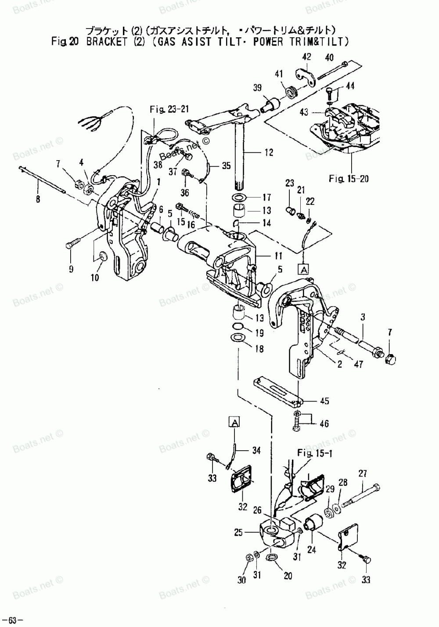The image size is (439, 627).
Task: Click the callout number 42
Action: pyautogui.click(x=306, y=57)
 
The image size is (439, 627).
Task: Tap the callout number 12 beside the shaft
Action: pyautogui.click(x=268, y=152)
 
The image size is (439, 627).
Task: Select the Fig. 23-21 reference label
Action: pyautogui.click(x=169, y=109)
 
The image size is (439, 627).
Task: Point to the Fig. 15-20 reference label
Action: pyautogui.click(x=349, y=178)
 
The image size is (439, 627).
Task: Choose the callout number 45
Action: pyautogui.click(x=324, y=401)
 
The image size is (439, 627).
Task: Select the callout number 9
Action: pyautogui.click(x=71, y=269)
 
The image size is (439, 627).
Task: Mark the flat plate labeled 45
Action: pyautogui.click(x=277, y=391)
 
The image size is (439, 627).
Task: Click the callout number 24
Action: pyautogui.click(x=312, y=548)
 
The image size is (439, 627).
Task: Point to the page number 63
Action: pyautogui.click(x=12, y=620)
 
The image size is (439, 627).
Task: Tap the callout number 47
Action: pyautogui.click(x=358, y=364)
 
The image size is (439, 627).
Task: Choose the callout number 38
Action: pyautogui.click(x=158, y=165)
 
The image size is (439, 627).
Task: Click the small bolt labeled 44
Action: pyautogui.click(x=330, y=93)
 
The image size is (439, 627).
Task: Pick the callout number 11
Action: pyautogui.click(x=278, y=256)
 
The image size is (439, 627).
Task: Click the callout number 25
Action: pyautogui.click(x=238, y=533)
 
